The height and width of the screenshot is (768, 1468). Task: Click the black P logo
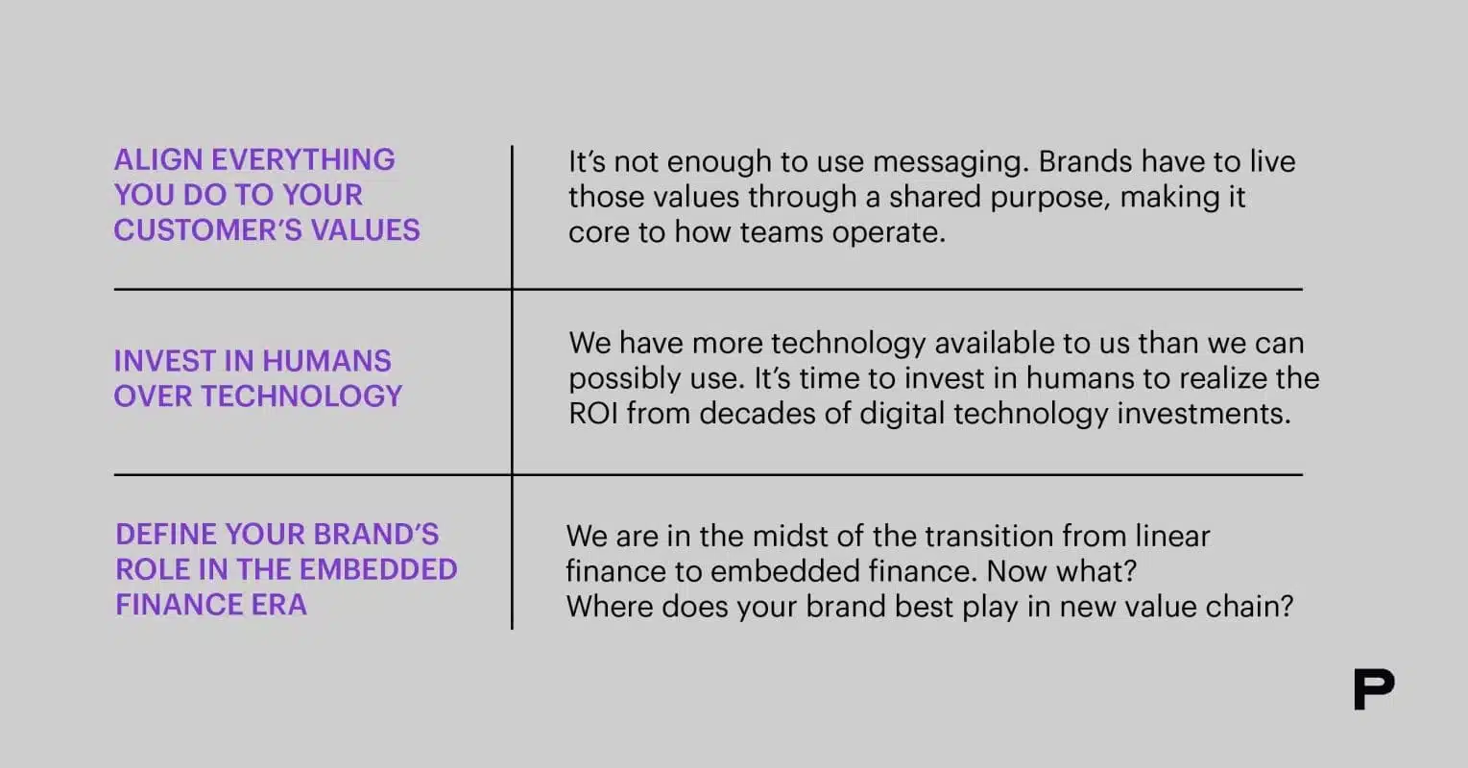point(1374,690)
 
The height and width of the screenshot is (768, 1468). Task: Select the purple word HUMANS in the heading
point(326,361)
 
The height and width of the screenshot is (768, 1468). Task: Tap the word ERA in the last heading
point(278,605)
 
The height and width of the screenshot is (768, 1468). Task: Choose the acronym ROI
point(594,414)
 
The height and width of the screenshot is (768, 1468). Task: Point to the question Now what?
point(1062,571)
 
